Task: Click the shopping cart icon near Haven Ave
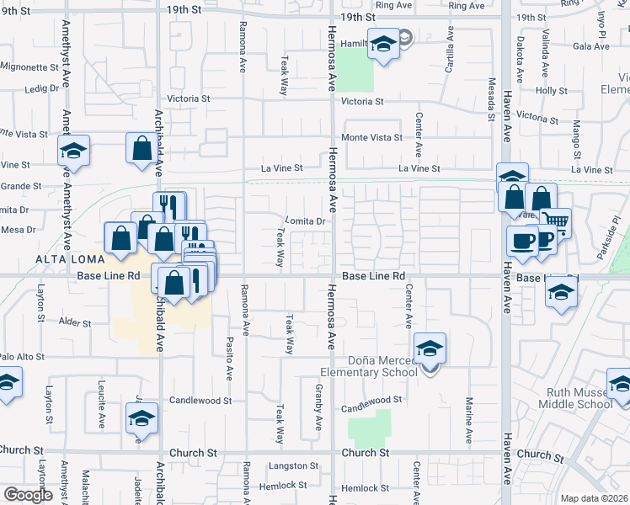point(556,222)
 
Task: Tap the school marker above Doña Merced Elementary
point(430,348)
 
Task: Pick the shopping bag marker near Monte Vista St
point(141,148)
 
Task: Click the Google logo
point(28,495)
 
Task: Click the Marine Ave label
point(469,417)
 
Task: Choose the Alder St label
point(75,322)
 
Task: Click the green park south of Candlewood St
point(371,428)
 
